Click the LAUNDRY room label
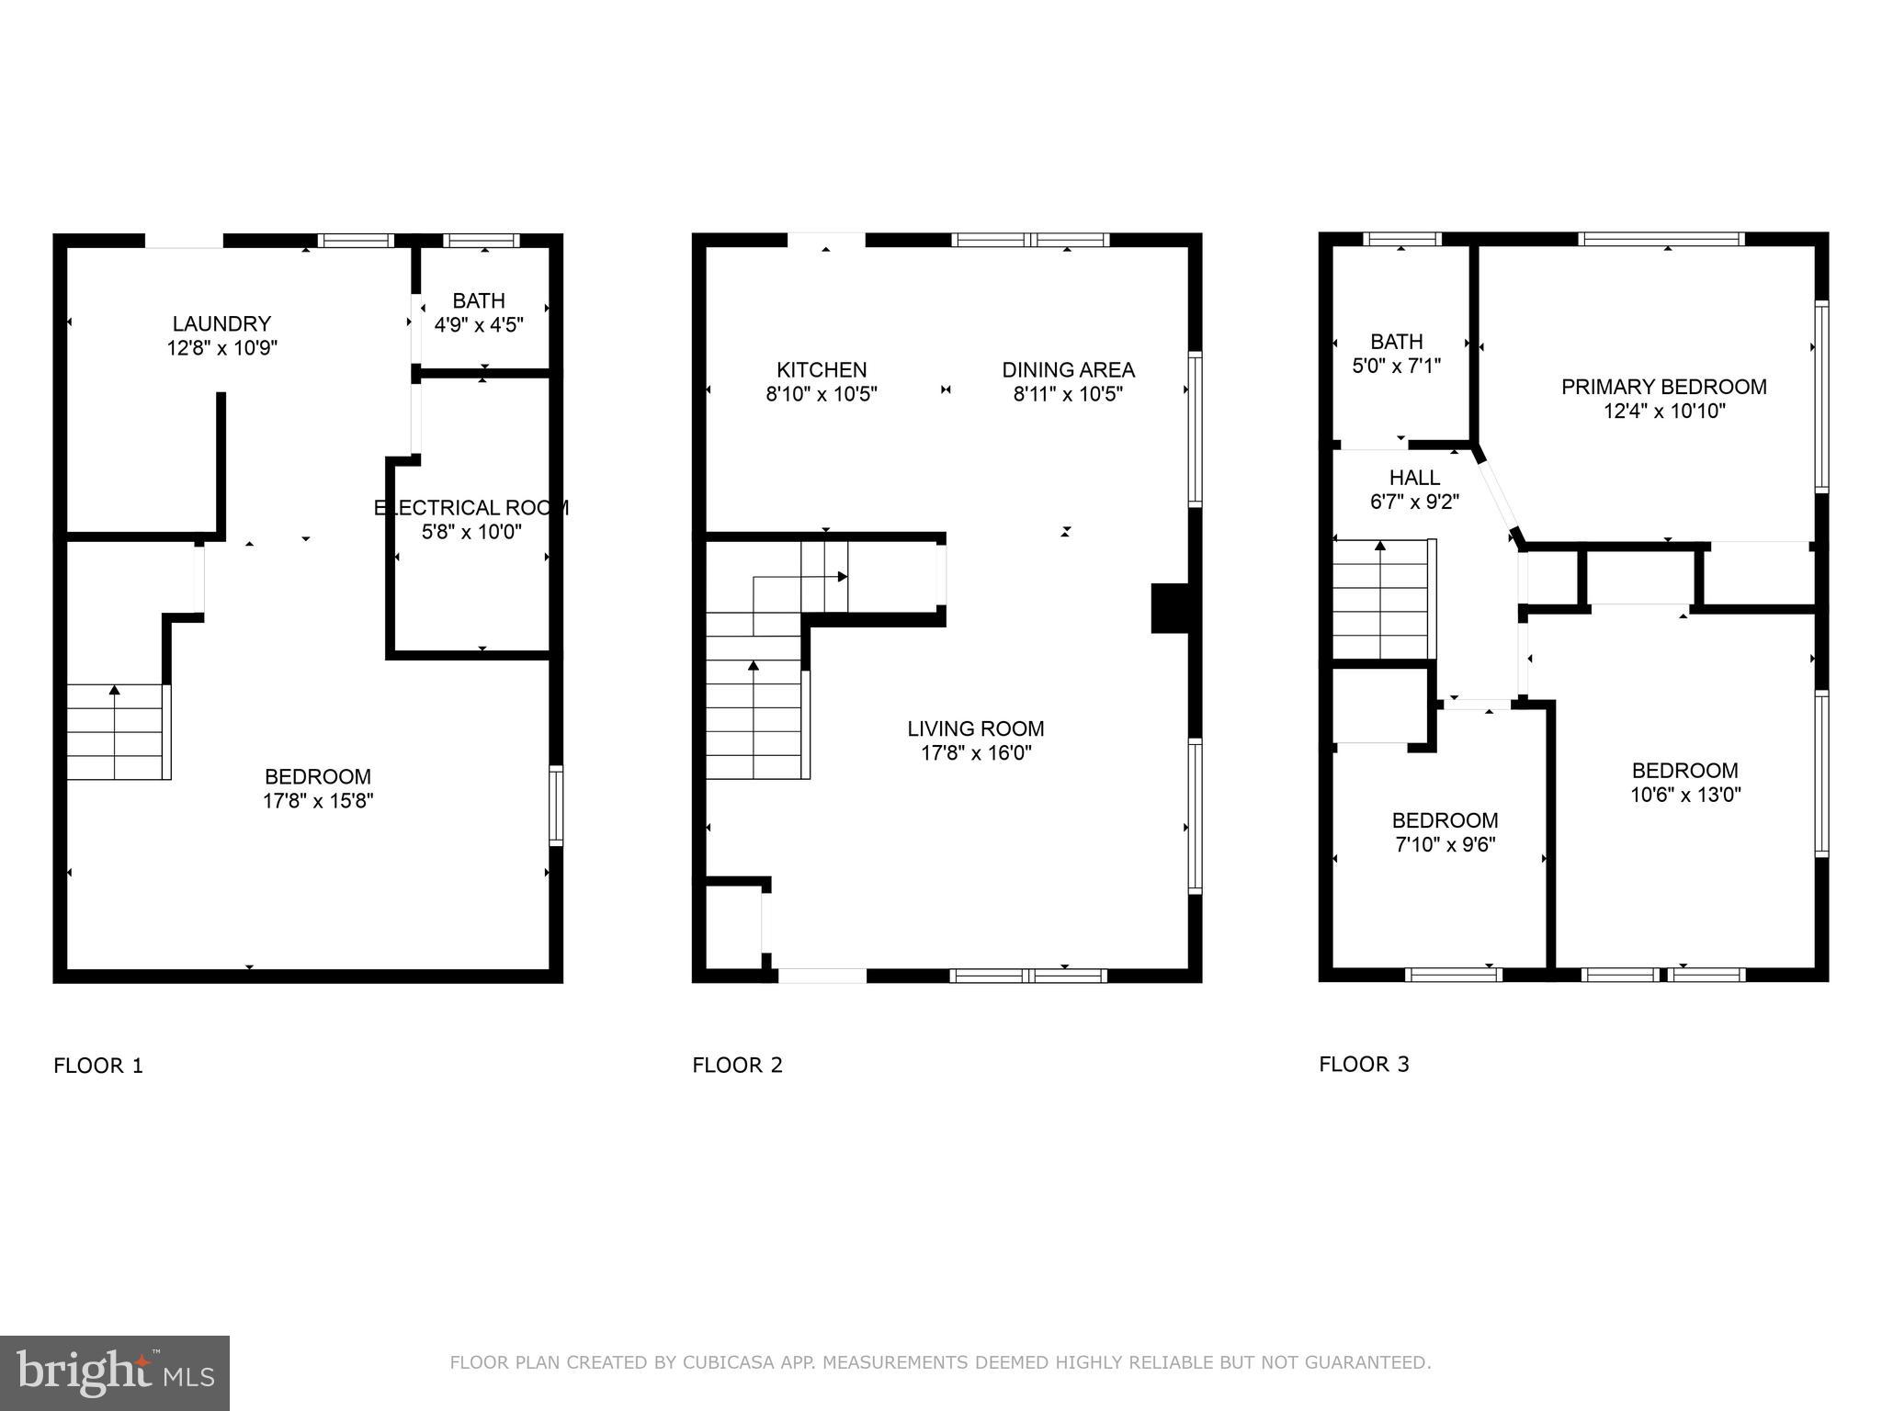point(221,323)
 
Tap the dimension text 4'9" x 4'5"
point(479,324)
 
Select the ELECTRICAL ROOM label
point(470,507)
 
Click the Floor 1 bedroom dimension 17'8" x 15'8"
point(318,800)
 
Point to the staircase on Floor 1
point(116,732)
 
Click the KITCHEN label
point(821,369)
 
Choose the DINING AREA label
point(1068,369)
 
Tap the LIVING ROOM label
point(975,728)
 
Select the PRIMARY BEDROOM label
point(1663,387)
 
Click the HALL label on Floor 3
point(1414,478)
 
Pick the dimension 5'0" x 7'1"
point(1396,366)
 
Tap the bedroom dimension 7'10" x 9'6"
point(1445,844)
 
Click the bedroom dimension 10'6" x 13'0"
point(1684,795)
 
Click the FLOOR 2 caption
point(737,1065)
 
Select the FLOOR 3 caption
point(1364,1064)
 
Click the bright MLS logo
point(114,1372)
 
